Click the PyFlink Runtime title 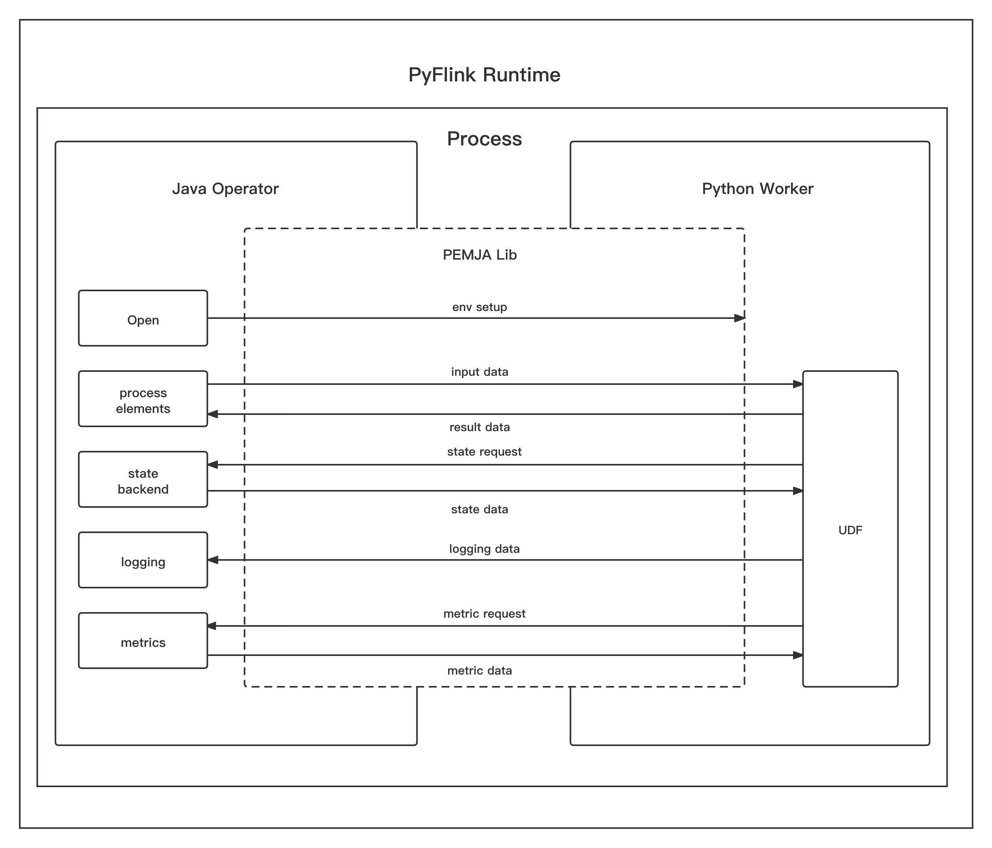(x=484, y=75)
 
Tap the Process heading (x=484, y=139)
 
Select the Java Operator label (x=225, y=189)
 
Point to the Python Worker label (x=757, y=189)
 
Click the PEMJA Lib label (x=480, y=255)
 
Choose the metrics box (x=143, y=641)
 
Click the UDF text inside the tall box (x=850, y=530)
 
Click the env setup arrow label (x=479, y=307)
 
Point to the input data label (x=479, y=371)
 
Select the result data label (x=479, y=427)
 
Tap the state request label (x=484, y=452)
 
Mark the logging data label (x=484, y=548)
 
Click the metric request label (x=484, y=614)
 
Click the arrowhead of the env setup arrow (x=740, y=318)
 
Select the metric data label (x=479, y=671)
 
